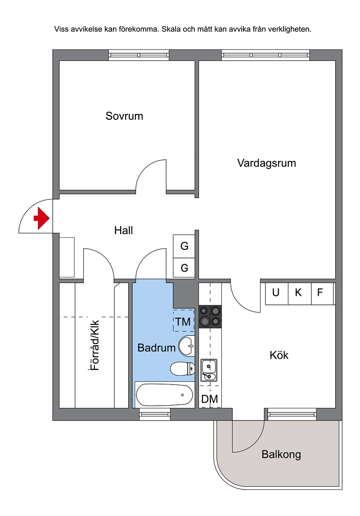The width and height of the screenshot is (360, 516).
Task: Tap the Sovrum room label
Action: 124,116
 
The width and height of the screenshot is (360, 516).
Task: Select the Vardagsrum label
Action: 267,163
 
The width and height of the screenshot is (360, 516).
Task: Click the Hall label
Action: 124,231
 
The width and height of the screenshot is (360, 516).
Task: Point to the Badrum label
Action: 157,348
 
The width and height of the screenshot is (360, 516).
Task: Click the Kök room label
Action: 279,355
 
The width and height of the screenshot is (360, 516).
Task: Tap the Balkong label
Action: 281,454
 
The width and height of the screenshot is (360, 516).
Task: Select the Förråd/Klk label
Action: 94,345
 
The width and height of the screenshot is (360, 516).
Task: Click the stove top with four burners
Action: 210,317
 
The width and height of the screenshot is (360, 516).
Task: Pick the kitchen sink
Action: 209,370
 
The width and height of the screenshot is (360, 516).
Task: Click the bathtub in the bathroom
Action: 164,395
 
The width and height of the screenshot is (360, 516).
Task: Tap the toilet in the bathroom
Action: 183,369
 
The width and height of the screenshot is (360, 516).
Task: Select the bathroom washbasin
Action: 187,346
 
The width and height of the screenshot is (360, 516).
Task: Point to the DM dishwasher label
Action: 210,399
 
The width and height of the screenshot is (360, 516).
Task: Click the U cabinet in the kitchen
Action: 276,293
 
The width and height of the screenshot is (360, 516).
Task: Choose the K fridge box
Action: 300,293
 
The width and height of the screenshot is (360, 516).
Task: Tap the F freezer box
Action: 323,293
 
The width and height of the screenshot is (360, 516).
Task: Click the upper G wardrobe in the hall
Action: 184,246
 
